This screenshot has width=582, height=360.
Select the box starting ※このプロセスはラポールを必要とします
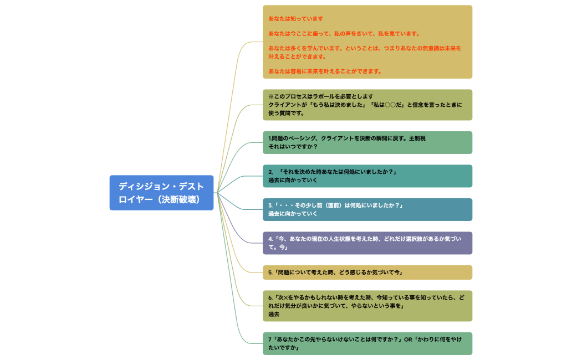coord(367,105)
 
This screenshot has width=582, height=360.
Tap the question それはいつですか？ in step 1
coord(293,147)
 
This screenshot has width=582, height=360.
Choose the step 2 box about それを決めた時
coord(367,176)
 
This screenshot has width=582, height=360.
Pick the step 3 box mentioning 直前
coord(367,209)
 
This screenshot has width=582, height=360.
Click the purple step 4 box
coord(367,243)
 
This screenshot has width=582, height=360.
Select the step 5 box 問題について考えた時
coord(367,272)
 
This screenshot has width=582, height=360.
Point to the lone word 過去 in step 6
coord(274,314)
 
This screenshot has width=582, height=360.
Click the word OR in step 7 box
coord(408,339)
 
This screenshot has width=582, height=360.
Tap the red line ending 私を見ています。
coord(344,34)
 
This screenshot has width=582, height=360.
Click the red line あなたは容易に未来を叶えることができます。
coord(325,71)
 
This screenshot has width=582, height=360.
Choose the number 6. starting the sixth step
coord(271,297)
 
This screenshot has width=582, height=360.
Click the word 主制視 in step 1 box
coord(417,138)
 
